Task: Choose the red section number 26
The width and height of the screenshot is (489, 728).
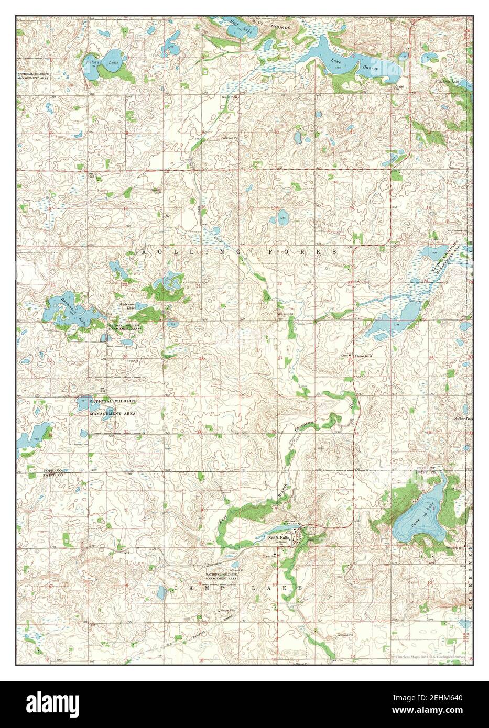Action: (x=350, y=360)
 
